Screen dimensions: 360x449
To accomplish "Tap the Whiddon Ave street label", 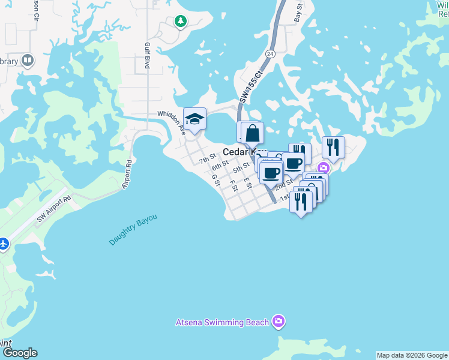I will pos(170,119).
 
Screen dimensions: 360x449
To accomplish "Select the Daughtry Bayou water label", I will pos(133,230).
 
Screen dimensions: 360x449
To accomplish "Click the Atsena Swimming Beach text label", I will pos(222,322).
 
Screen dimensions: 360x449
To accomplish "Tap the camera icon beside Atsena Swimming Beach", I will pos(278,322).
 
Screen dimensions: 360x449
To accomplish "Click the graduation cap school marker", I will pos(194,119).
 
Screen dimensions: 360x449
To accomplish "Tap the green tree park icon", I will pos(180,22).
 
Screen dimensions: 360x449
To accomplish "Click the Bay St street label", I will pos(298,11).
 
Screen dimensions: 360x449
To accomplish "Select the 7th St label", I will pos(208,159).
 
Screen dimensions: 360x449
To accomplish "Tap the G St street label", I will pos(215,178).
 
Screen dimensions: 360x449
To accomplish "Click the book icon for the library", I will pos(27,60).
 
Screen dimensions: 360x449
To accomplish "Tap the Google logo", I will pos(19,353).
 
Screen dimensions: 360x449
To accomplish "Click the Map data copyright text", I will pos(412,355).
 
